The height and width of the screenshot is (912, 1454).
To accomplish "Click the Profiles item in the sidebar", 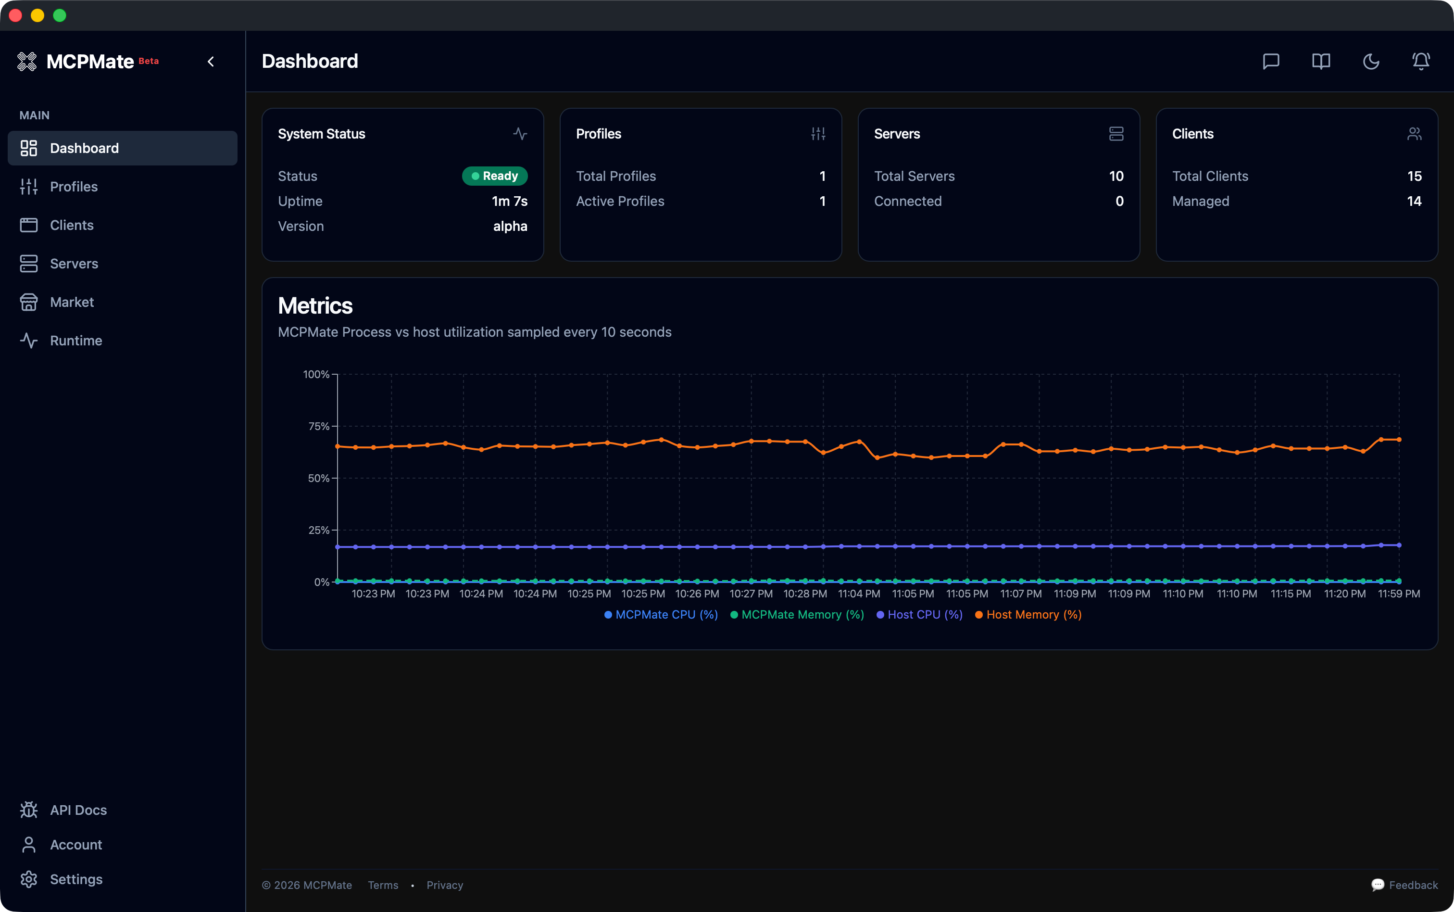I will pyautogui.click(x=73, y=186).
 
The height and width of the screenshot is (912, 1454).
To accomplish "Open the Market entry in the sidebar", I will pyautogui.click(x=71, y=302).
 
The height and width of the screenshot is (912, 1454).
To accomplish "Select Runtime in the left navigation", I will pyautogui.click(x=75, y=341).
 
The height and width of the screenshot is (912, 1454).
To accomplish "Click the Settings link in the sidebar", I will pyautogui.click(x=75, y=879).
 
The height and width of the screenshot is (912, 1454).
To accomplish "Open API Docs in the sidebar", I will pyautogui.click(x=78, y=810).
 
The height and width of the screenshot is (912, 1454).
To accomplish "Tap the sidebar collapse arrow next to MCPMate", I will pyautogui.click(x=211, y=62).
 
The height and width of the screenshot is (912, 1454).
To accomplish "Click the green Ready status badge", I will pyautogui.click(x=494, y=176).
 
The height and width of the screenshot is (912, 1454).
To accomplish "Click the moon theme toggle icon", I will pyautogui.click(x=1371, y=62).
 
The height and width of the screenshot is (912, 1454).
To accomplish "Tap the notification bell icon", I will pyautogui.click(x=1421, y=62).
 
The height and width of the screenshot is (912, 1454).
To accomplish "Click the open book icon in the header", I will pyautogui.click(x=1321, y=62).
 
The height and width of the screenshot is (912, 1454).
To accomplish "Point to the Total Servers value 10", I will pyautogui.click(x=1116, y=176).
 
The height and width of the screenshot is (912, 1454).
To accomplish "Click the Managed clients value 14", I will pyautogui.click(x=1414, y=202).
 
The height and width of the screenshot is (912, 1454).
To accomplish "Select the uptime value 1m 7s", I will pyautogui.click(x=509, y=202).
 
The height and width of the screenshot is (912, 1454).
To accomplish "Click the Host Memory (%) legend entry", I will pyautogui.click(x=1028, y=615).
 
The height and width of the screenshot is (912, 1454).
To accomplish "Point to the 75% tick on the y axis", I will pyautogui.click(x=319, y=427).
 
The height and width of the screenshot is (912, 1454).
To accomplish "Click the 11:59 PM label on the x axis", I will pyautogui.click(x=1399, y=594).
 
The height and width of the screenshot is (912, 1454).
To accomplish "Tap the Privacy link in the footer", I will pyautogui.click(x=445, y=885).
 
